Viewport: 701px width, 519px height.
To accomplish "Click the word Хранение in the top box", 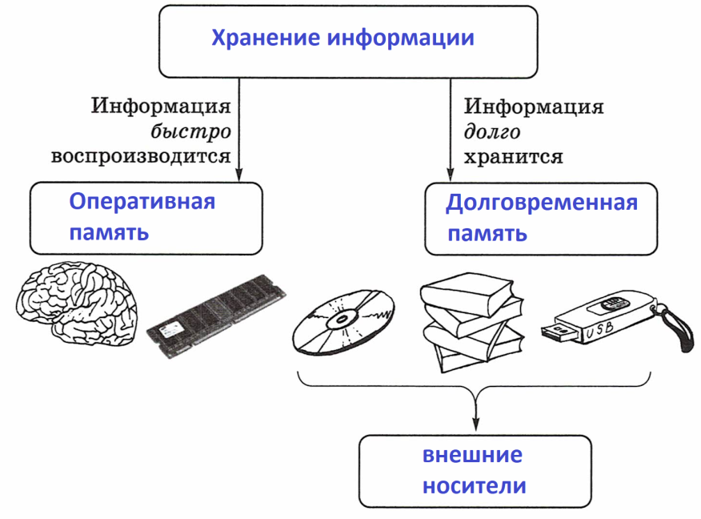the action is (266, 38).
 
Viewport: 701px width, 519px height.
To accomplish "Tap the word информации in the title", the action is (401, 38).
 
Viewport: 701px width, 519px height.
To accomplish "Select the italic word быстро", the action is (191, 131).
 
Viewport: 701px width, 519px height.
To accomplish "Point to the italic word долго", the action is (492, 132).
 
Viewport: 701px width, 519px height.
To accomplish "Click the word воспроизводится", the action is (141, 157).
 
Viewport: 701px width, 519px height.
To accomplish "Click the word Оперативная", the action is (142, 201).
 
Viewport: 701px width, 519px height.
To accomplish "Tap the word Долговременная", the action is (542, 203).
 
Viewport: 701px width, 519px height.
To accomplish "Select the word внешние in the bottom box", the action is (473, 455).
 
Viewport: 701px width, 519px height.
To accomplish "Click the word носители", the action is (475, 486).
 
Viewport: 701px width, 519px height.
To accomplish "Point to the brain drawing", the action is (76, 304).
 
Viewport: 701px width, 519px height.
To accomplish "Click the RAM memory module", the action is (216, 316).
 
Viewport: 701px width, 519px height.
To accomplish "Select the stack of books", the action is (472, 322).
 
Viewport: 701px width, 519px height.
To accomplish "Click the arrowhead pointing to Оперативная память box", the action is (239, 175).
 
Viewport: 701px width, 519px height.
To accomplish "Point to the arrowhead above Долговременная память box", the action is (451, 175).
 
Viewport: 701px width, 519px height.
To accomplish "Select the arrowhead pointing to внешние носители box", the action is (476, 424).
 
